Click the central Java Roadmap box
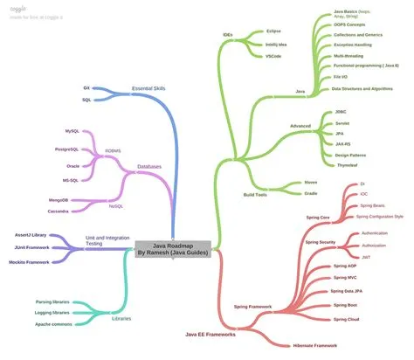click(x=172, y=249)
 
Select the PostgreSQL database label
click(x=71, y=149)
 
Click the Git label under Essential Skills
click(x=86, y=88)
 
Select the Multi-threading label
click(x=351, y=55)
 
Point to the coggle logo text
click(x=17, y=7)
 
